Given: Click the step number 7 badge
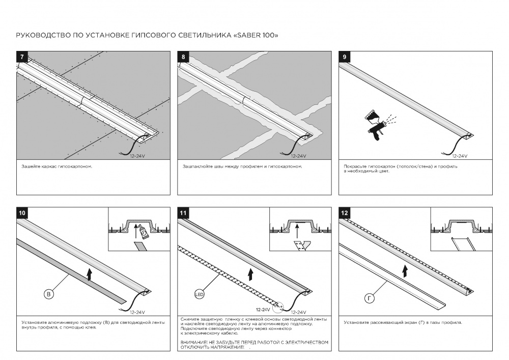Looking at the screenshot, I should [x=21, y=57].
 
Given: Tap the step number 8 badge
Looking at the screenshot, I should [x=183, y=57].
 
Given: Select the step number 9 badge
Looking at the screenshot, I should [x=345, y=57].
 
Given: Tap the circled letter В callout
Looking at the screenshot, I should [x=48, y=294].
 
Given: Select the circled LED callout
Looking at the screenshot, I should [x=199, y=294].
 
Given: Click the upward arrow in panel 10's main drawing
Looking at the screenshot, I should [x=90, y=275].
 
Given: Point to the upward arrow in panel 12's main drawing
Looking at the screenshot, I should [x=404, y=269].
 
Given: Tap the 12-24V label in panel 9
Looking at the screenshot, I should [x=459, y=156].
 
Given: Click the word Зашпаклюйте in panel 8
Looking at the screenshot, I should [x=196, y=167].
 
